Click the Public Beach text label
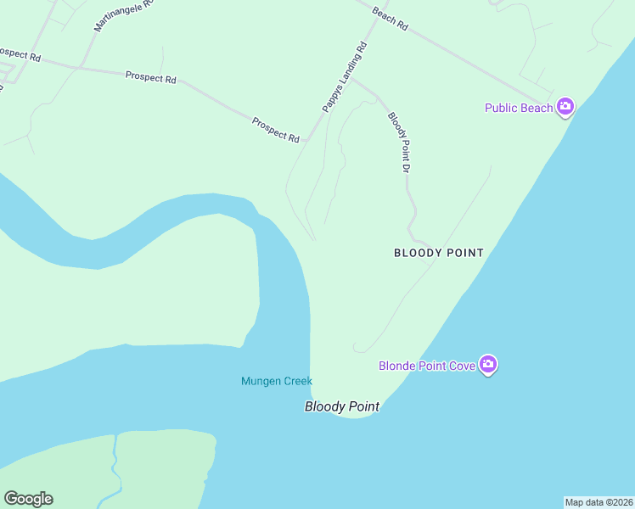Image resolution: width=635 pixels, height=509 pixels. tap(519, 108)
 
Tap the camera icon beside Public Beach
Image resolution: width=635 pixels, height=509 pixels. tap(565, 108)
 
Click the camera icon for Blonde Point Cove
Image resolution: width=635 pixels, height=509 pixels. tap(488, 365)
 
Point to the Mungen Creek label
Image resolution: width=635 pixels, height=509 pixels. tap(277, 382)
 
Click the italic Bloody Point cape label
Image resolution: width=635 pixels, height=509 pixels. tap(341, 407)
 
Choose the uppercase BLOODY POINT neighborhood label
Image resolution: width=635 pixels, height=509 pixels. tap(439, 253)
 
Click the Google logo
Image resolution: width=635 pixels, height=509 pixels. tap(28, 499)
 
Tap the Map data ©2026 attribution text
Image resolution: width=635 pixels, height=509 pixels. tap(598, 502)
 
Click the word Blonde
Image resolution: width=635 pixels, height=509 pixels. tap(396, 366)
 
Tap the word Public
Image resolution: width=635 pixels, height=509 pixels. tap(501, 108)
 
